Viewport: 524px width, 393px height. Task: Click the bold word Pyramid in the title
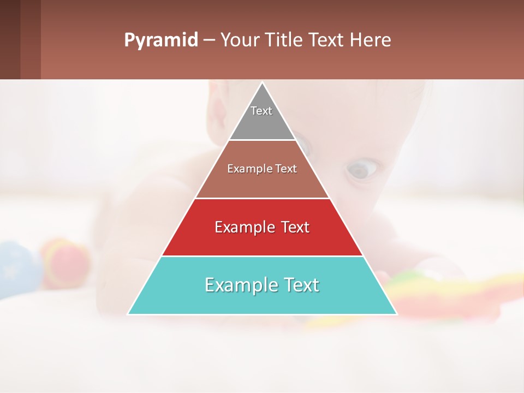pos(161,40)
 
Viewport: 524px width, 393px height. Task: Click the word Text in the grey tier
pos(261,111)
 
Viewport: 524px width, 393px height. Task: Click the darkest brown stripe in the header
pos(10,39)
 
